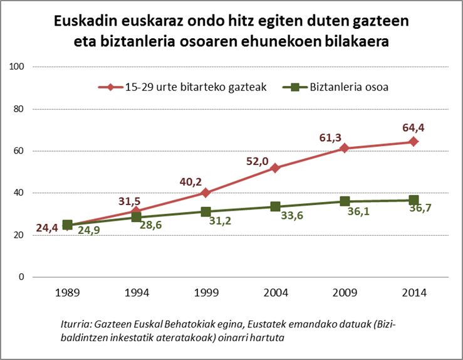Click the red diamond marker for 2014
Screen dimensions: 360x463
click(414, 142)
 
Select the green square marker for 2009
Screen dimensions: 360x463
click(345, 201)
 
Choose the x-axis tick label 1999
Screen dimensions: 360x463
click(206, 293)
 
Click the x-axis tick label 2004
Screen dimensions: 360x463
click(275, 293)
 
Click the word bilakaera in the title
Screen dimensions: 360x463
click(360, 43)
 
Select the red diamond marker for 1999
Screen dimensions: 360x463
click(206, 193)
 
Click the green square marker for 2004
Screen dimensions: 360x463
click(275, 206)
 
